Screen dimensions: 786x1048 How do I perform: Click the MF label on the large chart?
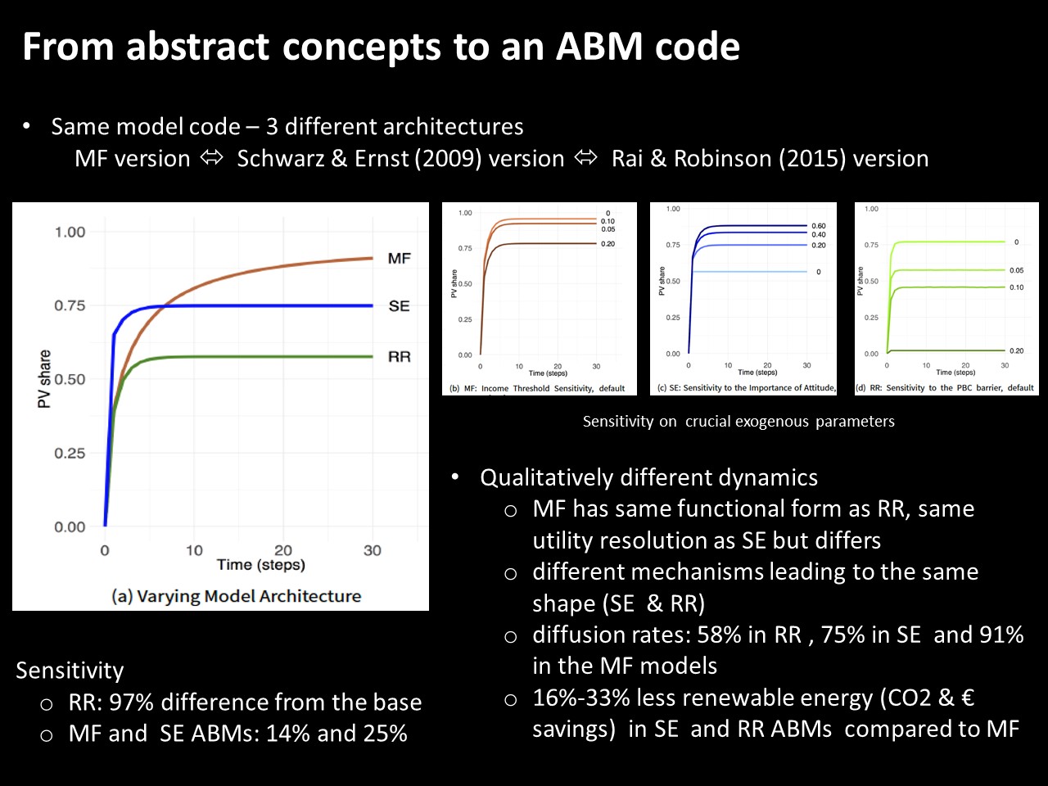pyautogui.click(x=399, y=259)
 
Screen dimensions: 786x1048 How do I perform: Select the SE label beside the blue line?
pyautogui.click(x=399, y=306)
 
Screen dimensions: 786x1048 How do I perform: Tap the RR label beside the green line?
pyautogui.click(x=399, y=357)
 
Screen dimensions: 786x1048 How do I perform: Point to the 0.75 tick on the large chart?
pyautogui.click(x=70, y=306)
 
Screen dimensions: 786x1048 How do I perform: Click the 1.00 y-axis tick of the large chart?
pyautogui.click(x=70, y=233)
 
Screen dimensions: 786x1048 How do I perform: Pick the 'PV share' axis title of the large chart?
pyautogui.click(x=44, y=379)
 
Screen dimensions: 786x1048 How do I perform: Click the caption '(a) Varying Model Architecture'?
pyautogui.click(x=236, y=596)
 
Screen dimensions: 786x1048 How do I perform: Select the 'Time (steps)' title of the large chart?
pyautogui.click(x=260, y=565)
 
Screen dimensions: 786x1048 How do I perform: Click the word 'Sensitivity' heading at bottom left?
pyautogui.click(x=70, y=671)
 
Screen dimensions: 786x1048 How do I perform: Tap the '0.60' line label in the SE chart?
pyautogui.click(x=818, y=226)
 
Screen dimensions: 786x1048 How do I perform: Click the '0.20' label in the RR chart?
pyautogui.click(x=1016, y=351)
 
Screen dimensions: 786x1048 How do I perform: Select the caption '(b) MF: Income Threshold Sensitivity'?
pyautogui.click(x=537, y=388)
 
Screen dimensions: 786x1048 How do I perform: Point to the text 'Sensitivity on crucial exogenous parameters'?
pyautogui.click(x=739, y=422)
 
